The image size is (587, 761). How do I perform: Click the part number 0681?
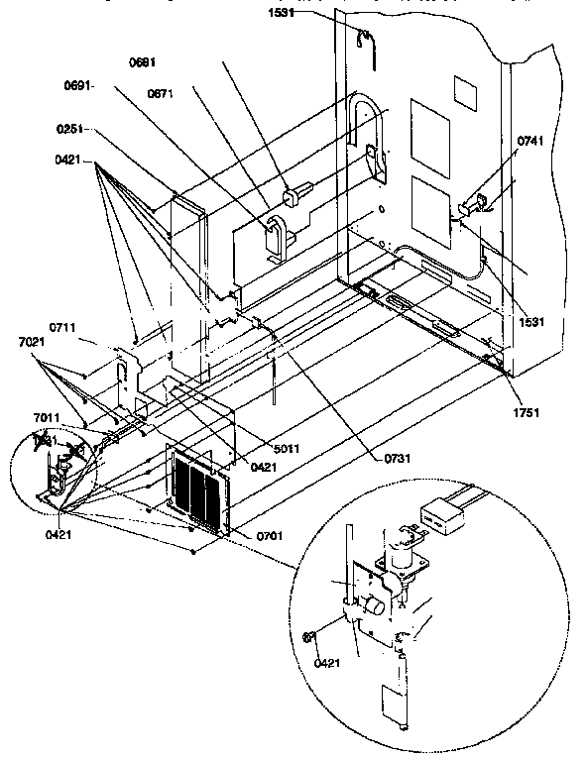[x=143, y=62]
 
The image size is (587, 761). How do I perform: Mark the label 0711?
[x=63, y=327]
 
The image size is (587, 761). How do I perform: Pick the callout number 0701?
[x=269, y=536]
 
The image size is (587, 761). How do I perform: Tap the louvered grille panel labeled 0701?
[x=203, y=490]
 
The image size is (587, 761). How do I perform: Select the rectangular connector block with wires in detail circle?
[x=436, y=516]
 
